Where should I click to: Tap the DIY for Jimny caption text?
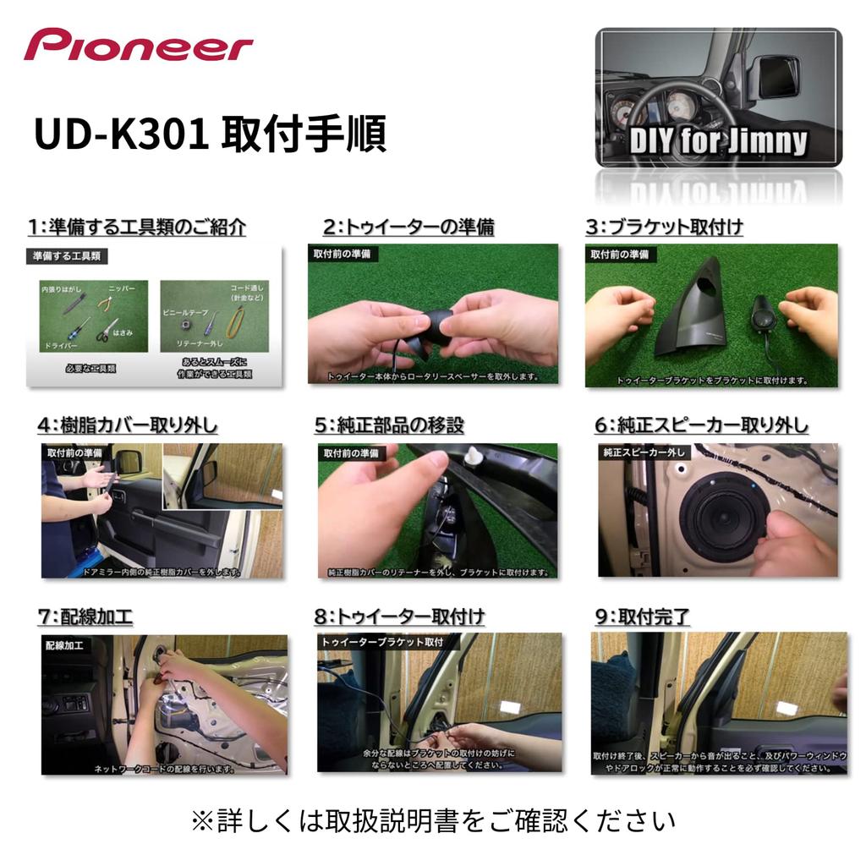pos(718,140)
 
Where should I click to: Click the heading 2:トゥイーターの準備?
pos(408,227)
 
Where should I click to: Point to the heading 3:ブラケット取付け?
pos(664,227)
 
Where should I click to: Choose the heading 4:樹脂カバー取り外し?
pos(127,425)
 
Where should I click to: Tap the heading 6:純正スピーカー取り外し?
pos(701,425)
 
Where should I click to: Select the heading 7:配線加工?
pos(85,617)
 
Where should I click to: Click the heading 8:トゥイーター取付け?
pos(399,617)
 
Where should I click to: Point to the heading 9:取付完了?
pos(642,617)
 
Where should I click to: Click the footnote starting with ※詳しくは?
pos(433,820)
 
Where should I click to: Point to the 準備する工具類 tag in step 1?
pos(67,255)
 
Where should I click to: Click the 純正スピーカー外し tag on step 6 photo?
pos(644,452)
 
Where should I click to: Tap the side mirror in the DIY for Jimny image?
pos(776,76)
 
